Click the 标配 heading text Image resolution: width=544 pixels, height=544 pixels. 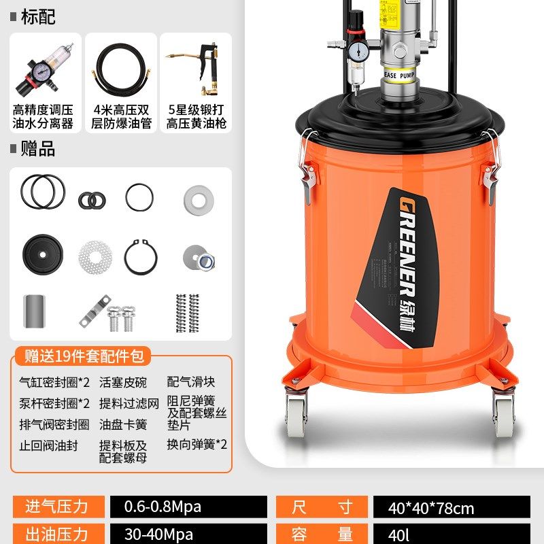pos(38,17)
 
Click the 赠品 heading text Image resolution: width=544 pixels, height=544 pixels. pos(38,149)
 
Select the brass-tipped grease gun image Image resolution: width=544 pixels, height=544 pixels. pos(195,68)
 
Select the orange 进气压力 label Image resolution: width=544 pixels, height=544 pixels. pos(57,507)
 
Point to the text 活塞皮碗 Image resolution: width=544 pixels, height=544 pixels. pos(122,383)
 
